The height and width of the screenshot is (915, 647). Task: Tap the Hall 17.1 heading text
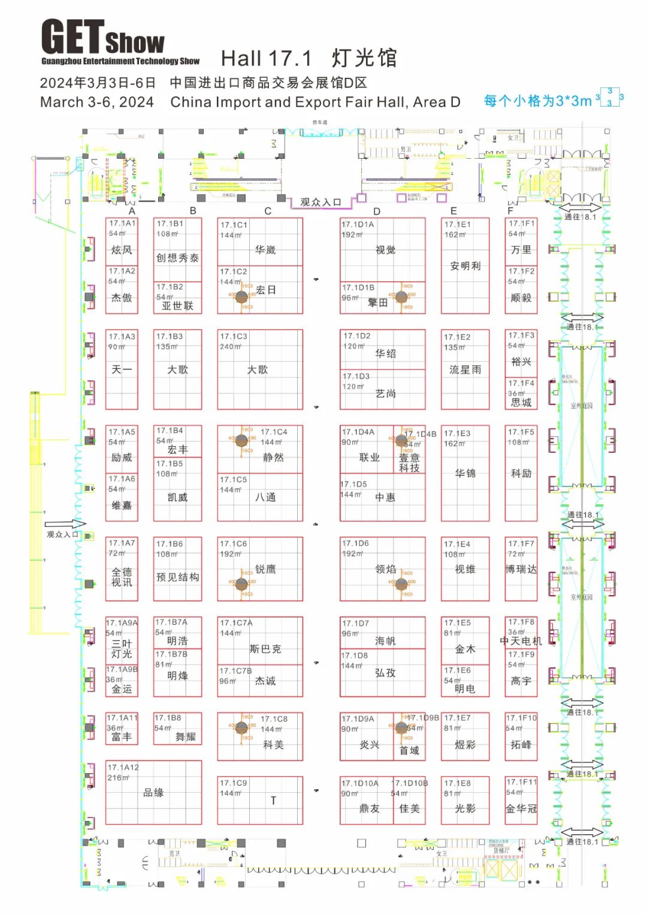pos(309,58)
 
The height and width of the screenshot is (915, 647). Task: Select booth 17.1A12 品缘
pos(153,792)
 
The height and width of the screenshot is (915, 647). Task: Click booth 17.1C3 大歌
pos(259,369)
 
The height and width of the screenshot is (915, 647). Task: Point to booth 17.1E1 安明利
pos(465,265)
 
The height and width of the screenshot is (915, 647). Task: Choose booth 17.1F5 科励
pos(521,472)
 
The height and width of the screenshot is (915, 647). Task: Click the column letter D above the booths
pos(376,211)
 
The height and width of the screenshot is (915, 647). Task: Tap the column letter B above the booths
pos(193,210)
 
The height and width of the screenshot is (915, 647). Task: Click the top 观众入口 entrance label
pos(321,202)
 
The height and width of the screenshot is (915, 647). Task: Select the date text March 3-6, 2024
pos(97,102)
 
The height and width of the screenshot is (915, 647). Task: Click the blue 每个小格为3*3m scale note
pos(537,101)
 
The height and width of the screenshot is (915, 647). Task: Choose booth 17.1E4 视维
pos(465,568)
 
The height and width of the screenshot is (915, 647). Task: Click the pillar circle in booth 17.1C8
pos(241,728)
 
